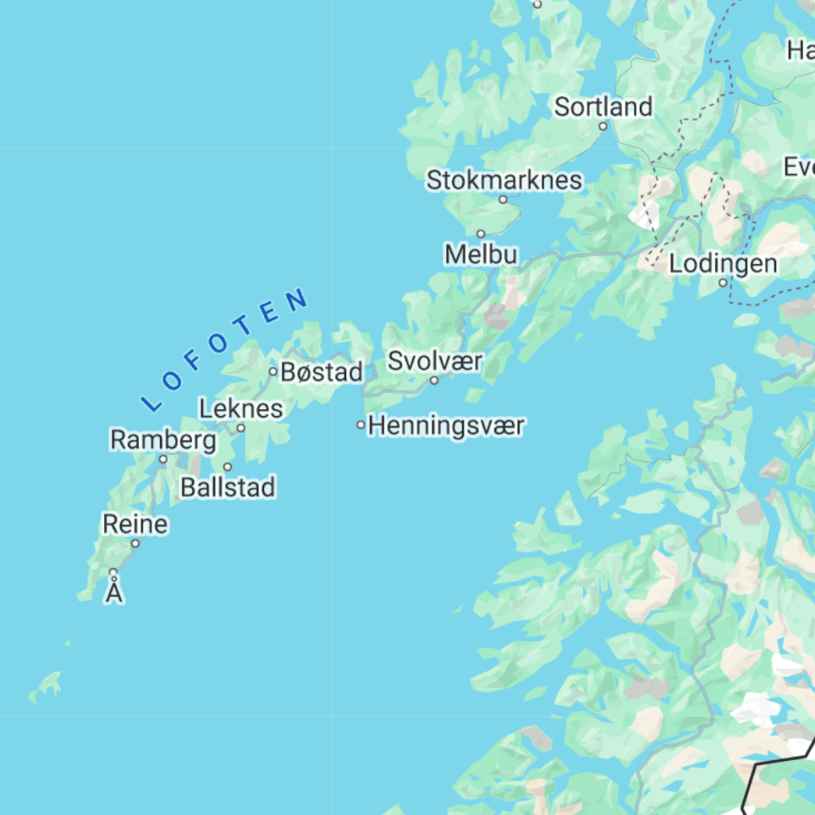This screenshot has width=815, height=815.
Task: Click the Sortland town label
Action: [603, 107]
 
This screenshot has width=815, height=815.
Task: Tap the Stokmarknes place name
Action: [504, 180]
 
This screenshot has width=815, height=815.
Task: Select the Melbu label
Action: [481, 254]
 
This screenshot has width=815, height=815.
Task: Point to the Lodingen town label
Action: [723, 264]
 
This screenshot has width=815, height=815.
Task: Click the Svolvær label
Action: [435, 361]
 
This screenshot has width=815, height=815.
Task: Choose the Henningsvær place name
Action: [447, 425]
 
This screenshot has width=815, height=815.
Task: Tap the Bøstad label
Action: [322, 371]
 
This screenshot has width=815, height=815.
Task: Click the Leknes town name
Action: [241, 409]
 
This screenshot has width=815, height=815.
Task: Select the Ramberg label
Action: [163, 440]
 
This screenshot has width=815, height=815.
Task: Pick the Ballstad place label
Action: [228, 488]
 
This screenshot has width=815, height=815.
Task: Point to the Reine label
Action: [135, 524]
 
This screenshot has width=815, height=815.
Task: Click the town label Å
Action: [114, 593]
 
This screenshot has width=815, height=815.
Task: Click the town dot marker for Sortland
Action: [603, 127]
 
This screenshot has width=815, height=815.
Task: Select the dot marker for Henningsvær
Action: [361, 425]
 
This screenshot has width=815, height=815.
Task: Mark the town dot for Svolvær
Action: [434, 380]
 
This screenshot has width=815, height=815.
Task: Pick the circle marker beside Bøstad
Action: [273, 371]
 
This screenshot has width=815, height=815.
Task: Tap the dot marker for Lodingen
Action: [723, 283]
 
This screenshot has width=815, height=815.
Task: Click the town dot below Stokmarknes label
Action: [503, 200]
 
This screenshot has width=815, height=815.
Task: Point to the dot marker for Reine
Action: [135, 544]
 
